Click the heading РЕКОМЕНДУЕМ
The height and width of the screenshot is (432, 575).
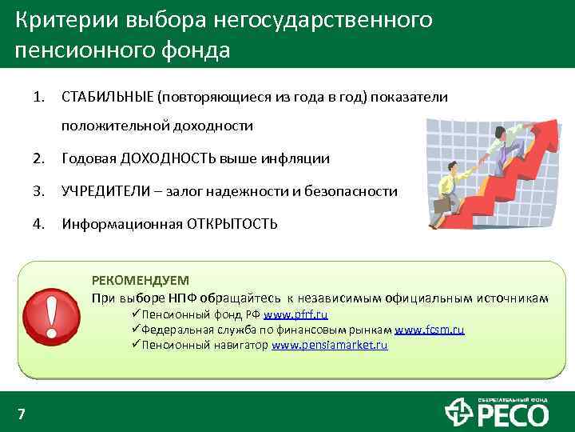[141, 280]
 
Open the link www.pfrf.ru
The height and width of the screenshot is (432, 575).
[295, 314]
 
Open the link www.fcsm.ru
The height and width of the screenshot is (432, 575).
[429, 330]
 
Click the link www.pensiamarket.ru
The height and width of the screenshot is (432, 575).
[329, 346]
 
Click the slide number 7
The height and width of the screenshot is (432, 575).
[22, 414]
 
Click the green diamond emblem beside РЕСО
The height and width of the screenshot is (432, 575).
[459, 414]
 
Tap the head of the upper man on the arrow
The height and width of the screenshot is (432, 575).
[499, 131]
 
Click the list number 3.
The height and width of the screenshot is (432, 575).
[38, 191]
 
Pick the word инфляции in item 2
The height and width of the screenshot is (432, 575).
[300, 159]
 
